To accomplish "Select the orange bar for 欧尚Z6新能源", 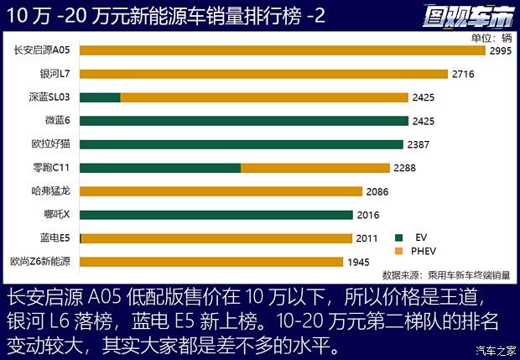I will (211, 262).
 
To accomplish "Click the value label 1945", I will (358, 262).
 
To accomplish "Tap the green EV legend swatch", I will (400, 237).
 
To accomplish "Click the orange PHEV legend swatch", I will (400, 251).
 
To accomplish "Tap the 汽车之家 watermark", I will (492, 351).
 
